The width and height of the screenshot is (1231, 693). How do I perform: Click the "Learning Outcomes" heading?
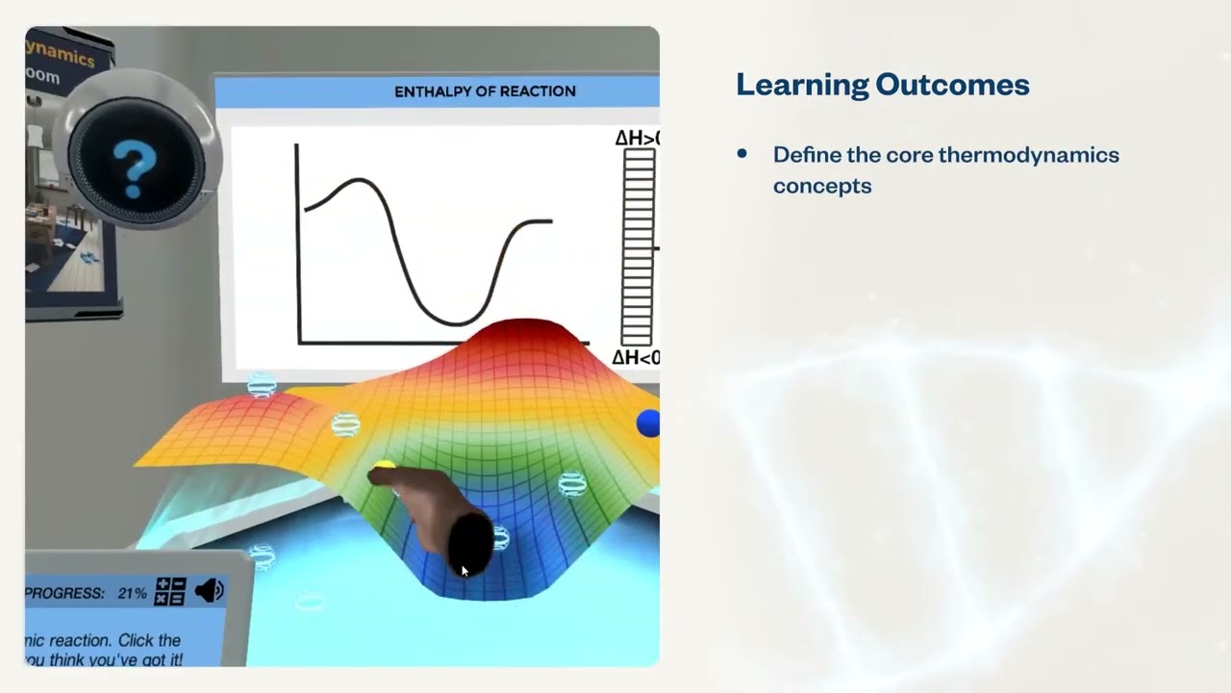point(882,85)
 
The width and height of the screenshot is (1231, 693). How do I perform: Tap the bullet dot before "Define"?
point(741,154)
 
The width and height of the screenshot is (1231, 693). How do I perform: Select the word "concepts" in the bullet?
point(821,186)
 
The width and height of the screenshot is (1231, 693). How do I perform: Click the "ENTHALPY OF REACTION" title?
point(485,91)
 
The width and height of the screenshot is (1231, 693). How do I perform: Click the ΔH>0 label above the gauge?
point(636,139)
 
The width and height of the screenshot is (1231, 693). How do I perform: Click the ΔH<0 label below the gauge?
point(635,358)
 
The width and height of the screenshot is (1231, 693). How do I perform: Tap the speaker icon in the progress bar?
point(209,590)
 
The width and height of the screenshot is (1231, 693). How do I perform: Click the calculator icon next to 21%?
point(170,591)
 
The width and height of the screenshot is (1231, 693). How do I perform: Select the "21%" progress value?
point(132,593)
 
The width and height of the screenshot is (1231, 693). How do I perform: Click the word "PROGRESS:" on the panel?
point(65,593)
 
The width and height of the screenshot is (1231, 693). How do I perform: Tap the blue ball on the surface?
point(648,423)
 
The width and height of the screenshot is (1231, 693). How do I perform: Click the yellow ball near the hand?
point(384,468)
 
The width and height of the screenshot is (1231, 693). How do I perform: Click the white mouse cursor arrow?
point(464,571)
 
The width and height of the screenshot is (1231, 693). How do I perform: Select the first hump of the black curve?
point(358,180)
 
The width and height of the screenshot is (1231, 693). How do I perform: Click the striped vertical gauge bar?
point(638,247)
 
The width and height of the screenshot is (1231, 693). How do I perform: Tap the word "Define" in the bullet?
point(806,155)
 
